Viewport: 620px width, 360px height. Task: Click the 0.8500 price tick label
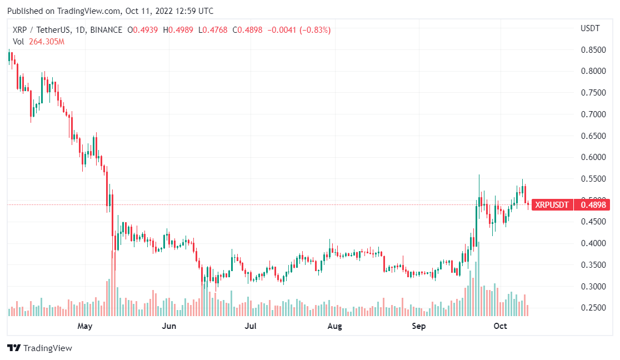pos(593,50)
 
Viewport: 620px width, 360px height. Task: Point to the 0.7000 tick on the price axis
pos(593,114)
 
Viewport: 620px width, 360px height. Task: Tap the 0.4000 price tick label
pos(593,243)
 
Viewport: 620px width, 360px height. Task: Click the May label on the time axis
pos(84,326)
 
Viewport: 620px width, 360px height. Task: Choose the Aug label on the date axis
pos(334,326)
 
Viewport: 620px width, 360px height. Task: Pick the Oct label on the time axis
pos(501,326)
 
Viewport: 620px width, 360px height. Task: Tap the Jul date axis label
pos(251,326)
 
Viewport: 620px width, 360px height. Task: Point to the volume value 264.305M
pos(47,42)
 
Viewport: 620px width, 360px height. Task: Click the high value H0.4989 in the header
pos(181,30)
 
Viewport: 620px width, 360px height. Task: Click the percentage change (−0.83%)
pos(315,30)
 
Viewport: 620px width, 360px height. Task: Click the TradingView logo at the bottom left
pos(39,348)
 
